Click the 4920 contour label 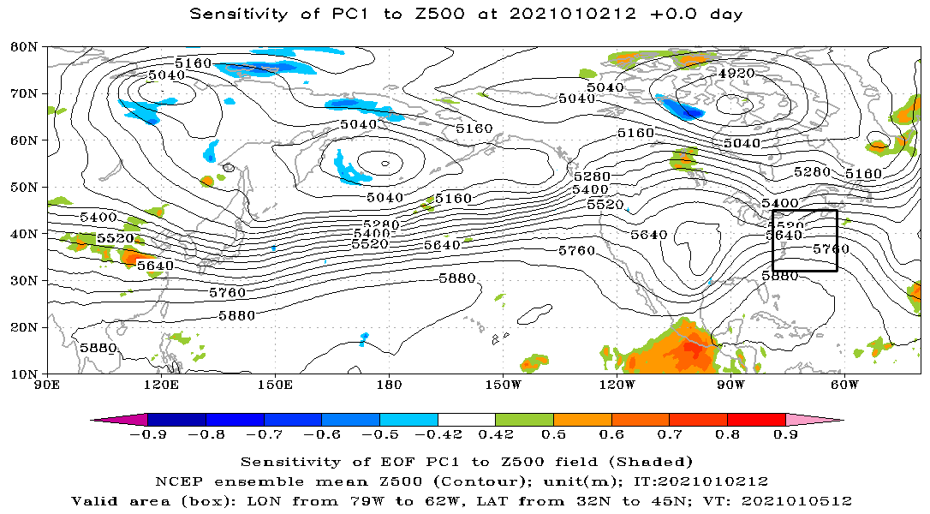pyautogui.click(x=736, y=74)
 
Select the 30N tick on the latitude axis pyautogui.click(x=22, y=280)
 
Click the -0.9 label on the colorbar pyautogui.click(x=147, y=435)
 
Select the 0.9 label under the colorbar pyautogui.click(x=785, y=435)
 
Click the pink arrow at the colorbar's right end pyautogui.click(x=814, y=420)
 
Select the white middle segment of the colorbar pyautogui.click(x=466, y=420)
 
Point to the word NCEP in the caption pyautogui.click(x=173, y=481)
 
